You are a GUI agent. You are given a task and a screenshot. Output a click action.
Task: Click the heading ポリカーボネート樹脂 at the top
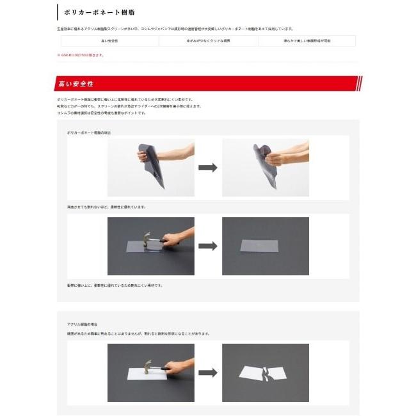click(x=99, y=12)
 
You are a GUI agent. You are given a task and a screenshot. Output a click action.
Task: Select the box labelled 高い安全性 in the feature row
click(x=109, y=41)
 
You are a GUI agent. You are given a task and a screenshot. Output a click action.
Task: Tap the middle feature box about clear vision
click(x=208, y=41)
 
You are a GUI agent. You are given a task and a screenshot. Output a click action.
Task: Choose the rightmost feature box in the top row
click(x=307, y=41)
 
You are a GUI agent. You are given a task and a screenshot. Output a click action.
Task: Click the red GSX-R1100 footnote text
click(x=81, y=55)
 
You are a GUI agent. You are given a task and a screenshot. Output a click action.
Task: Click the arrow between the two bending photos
click(x=207, y=167)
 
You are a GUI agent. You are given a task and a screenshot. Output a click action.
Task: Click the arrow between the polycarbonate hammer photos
click(x=207, y=246)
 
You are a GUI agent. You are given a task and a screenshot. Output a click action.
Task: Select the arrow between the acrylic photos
click(x=207, y=372)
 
